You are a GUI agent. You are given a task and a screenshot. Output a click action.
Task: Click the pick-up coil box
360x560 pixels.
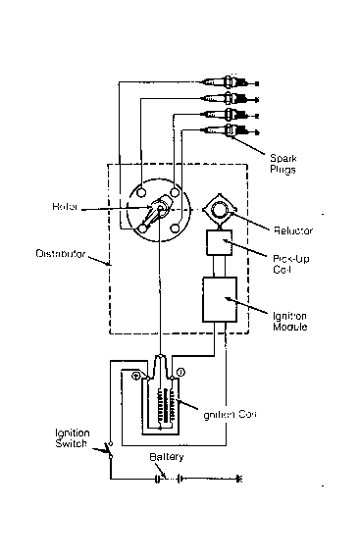click(219, 244)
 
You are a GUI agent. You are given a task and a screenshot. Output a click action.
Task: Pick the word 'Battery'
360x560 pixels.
click(164, 458)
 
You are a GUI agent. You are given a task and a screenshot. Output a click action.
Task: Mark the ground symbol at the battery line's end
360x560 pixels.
click(239, 480)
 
